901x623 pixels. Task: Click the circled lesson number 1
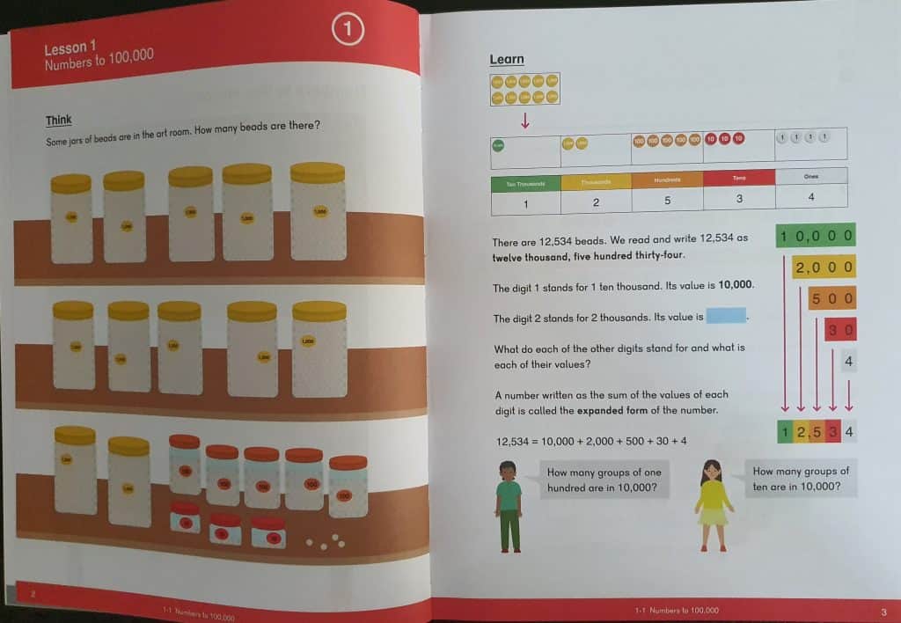[x=348, y=31]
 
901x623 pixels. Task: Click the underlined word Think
[x=59, y=120]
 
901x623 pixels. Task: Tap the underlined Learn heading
[x=507, y=60]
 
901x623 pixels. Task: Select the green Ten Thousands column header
[x=526, y=183]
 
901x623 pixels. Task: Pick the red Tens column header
[x=739, y=178]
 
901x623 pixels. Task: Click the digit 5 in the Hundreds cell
[x=667, y=201]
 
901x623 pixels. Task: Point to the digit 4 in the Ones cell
[x=810, y=197]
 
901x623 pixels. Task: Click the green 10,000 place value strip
[x=817, y=236]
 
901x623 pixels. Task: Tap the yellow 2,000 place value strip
[x=824, y=268]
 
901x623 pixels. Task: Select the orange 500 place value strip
[x=831, y=299]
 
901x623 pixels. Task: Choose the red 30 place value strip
[x=840, y=330]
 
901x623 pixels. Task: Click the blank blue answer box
[x=726, y=316]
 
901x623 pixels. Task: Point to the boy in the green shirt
[x=508, y=506]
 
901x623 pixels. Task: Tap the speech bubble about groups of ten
[x=801, y=480]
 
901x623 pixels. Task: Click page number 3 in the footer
[x=883, y=612]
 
